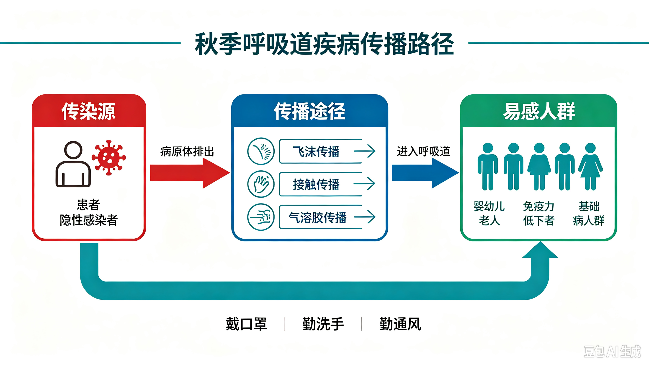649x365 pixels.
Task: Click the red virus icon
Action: pos(109,157)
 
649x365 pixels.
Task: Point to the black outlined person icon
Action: pos(73,164)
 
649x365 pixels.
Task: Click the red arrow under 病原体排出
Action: pos(190,173)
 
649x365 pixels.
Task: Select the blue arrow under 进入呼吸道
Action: pos(425,173)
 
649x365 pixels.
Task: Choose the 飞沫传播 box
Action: pos(327,151)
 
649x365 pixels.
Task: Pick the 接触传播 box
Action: pos(327,184)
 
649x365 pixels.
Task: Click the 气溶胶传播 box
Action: pos(327,217)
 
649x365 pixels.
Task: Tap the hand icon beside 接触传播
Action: pos(261,184)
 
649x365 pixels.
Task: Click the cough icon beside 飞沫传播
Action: pos(261,151)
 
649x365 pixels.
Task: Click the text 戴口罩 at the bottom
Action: pos(246,324)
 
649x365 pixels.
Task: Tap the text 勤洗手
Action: pos(323,324)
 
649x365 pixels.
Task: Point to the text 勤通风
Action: pos(400,324)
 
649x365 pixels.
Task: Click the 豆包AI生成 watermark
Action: pos(612,351)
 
